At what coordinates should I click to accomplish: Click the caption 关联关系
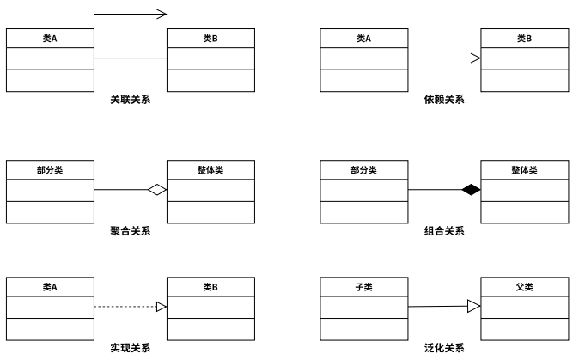point(131,100)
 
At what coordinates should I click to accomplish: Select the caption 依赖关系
point(444,100)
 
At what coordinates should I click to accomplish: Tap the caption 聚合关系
point(131,230)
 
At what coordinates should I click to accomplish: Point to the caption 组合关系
point(444,230)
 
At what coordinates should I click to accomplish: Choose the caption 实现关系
point(131,348)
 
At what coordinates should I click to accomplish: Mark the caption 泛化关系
point(444,348)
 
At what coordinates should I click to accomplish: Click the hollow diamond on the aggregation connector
point(156,190)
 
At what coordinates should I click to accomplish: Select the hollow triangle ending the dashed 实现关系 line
point(161,307)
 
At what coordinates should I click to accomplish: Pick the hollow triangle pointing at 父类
point(473,306)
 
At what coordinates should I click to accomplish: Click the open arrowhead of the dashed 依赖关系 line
point(475,58)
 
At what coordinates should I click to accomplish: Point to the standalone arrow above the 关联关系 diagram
point(130,14)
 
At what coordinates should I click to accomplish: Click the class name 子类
point(363,287)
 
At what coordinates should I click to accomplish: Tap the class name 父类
point(524,287)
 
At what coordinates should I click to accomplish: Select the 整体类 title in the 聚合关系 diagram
point(210,170)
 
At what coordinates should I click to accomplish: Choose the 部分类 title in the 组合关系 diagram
point(363,170)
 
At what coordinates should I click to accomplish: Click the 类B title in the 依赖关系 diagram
point(524,39)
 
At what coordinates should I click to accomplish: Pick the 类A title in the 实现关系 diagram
point(50,287)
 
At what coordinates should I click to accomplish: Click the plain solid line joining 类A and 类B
point(130,58)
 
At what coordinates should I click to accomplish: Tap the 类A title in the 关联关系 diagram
point(50,39)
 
